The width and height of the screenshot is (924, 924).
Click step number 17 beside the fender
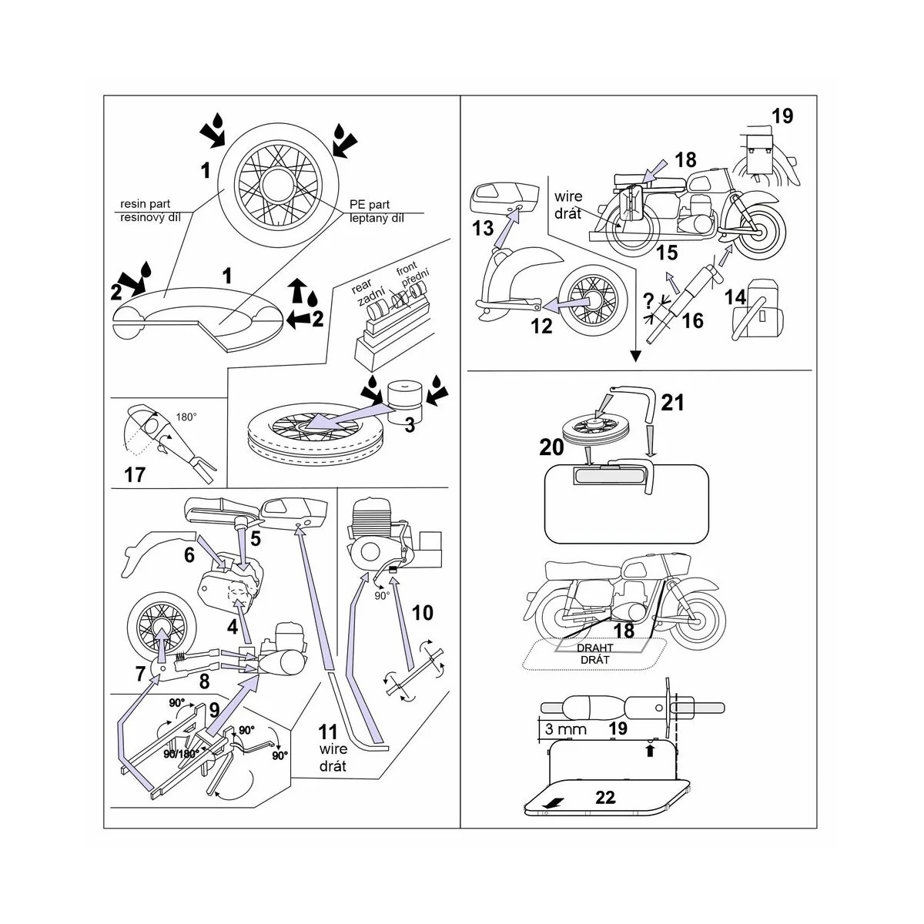pos(135,474)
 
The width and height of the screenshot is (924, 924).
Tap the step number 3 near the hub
pos(410,423)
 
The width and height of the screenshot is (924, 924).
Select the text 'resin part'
pos(146,205)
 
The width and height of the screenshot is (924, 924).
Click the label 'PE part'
pos(369,205)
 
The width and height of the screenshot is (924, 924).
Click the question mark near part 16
pos(648,301)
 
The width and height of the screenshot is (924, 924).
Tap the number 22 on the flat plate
pos(606,797)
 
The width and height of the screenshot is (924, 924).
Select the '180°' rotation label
pos(186,416)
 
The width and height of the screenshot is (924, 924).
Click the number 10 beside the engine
pos(423,613)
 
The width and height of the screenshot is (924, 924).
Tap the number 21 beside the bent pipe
pos(672,402)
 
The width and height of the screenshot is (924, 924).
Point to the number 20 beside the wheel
pos(552,447)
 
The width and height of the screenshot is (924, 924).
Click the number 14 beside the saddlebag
pos(735,296)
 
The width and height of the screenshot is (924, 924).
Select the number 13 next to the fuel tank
pos(483,228)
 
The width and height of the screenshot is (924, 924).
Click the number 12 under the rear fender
pos(541,326)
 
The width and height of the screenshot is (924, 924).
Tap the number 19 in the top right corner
pos(782,116)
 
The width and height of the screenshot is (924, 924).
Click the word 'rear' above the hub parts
pos(362,286)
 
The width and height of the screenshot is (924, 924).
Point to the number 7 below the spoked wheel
pos(140,675)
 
